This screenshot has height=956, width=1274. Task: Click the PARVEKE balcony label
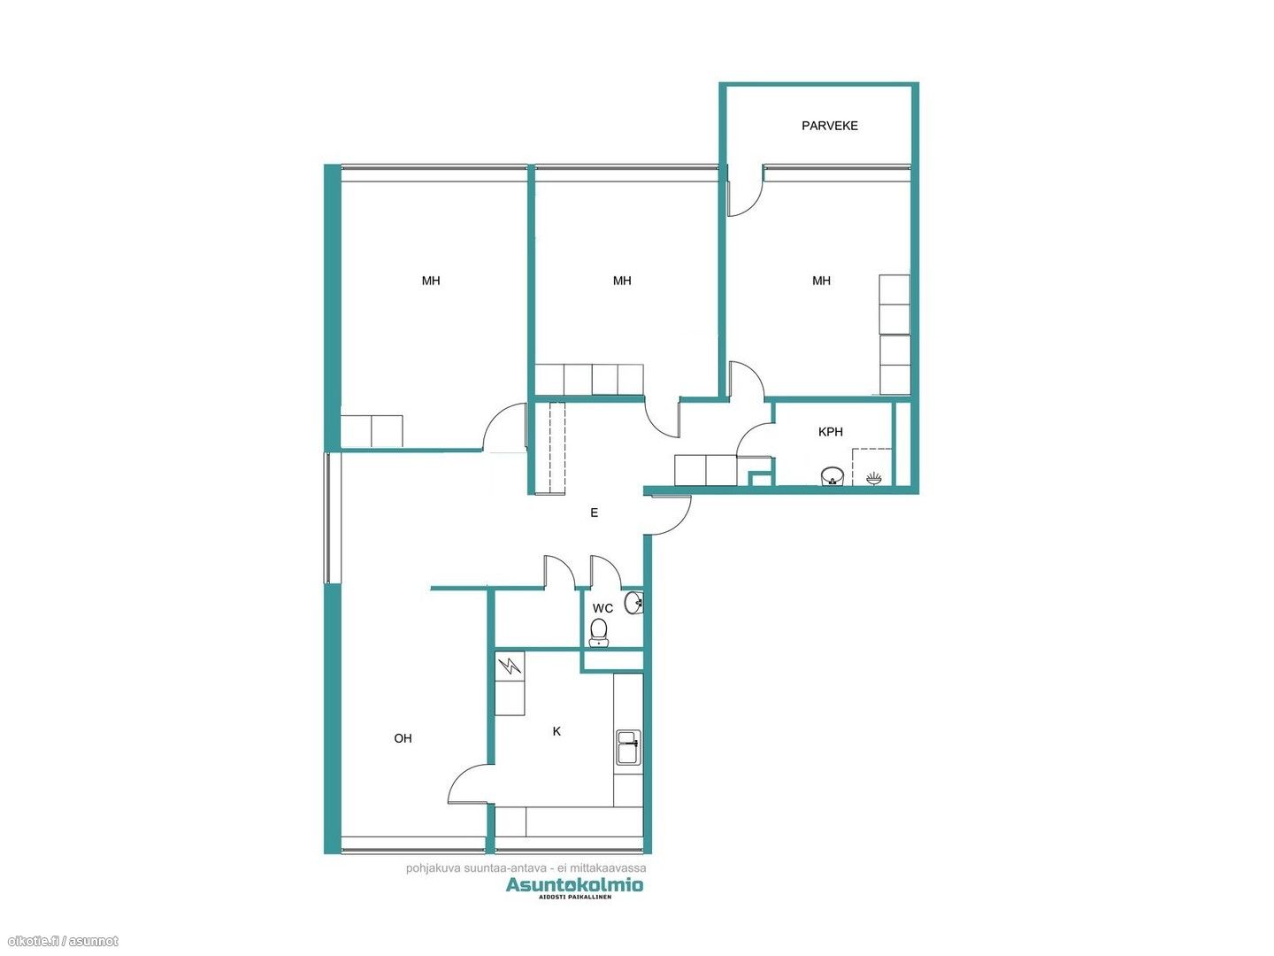point(829,126)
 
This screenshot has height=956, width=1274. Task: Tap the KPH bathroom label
point(830,432)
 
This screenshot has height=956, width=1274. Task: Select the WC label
point(602,608)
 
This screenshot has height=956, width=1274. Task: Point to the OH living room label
point(403,738)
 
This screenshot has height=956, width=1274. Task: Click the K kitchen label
point(556,731)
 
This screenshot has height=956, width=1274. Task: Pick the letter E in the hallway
point(594,513)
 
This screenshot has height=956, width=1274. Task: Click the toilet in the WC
point(598,633)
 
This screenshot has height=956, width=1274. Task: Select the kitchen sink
point(628,748)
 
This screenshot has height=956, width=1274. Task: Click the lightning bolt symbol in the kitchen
point(510,666)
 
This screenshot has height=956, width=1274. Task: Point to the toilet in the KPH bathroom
point(833,475)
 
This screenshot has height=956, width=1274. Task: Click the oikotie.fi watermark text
point(60,941)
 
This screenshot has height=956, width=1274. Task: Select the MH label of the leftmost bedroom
point(431,281)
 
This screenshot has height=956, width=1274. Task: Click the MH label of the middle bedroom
point(622,281)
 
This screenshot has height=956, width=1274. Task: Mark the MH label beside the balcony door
point(821,281)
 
